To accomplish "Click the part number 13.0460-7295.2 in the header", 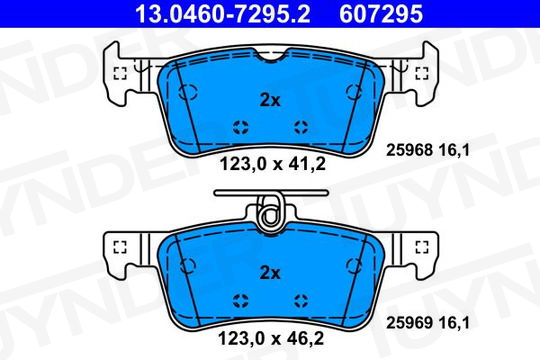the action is (223, 14).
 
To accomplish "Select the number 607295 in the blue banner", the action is (381, 14).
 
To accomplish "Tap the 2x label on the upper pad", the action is (270, 100).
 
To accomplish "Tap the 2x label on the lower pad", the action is (270, 273).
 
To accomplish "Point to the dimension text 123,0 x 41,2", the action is (272, 164).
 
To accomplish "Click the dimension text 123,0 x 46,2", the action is (271, 338).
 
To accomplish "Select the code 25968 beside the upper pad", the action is (409, 150).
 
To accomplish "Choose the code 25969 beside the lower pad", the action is (409, 323).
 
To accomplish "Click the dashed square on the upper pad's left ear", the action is (120, 73).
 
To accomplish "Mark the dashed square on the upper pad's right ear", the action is (422, 73).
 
